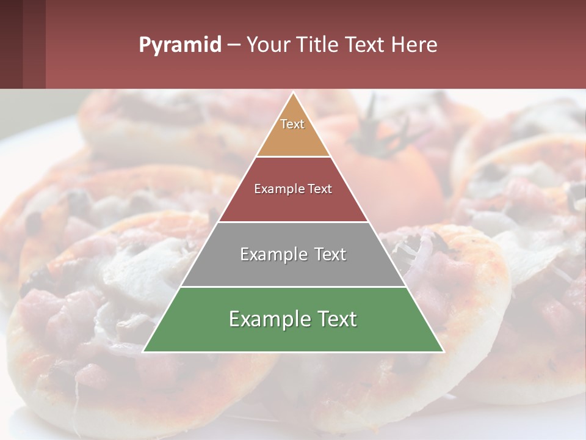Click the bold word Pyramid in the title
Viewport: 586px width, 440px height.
pos(179,45)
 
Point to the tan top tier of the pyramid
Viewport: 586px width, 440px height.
pos(293,137)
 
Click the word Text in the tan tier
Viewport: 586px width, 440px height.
pos(292,124)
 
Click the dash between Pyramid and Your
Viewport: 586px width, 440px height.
pos(234,45)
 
